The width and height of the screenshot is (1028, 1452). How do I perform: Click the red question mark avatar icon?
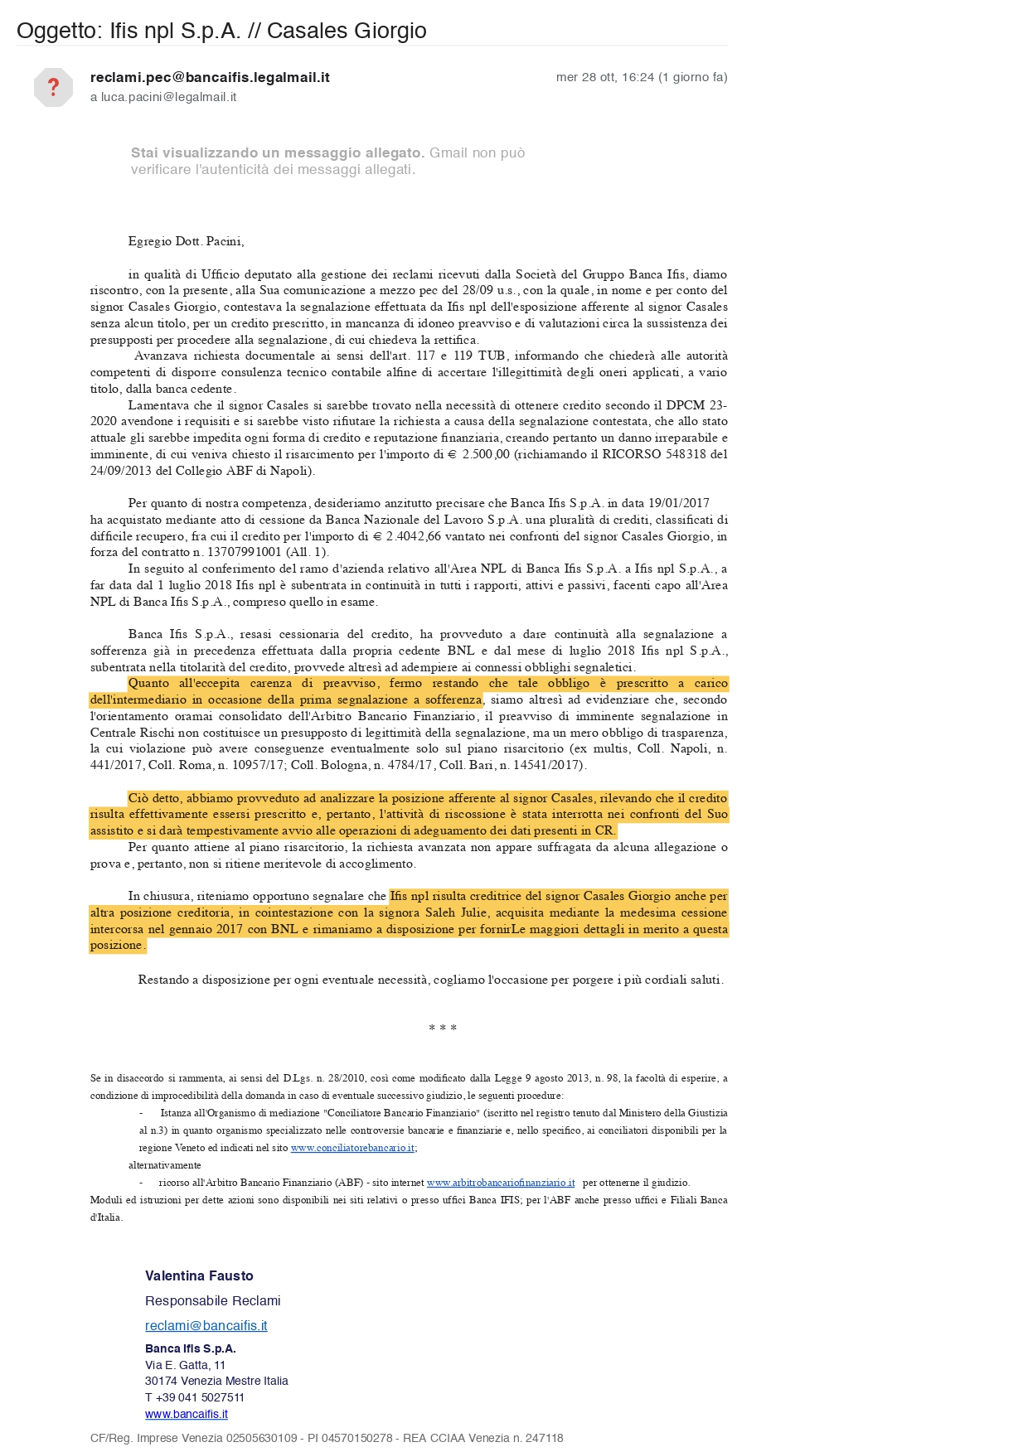coord(53,87)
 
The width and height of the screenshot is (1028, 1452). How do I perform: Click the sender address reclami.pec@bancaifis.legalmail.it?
coord(210,77)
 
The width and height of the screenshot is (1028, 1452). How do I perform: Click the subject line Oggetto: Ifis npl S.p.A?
coord(221,31)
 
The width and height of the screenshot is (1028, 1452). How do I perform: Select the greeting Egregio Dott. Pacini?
coord(186,241)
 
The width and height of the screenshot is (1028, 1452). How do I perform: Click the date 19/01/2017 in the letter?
coord(679,503)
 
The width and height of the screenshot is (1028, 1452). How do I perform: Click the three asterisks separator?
coord(443,1028)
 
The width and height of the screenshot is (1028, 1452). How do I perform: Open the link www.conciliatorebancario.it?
coord(352,1148)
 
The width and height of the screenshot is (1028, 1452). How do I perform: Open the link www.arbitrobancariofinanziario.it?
coord(501,1183)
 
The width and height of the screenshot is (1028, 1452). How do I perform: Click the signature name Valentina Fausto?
coord(199,1275)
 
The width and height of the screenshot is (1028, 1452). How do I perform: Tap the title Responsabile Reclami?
coord(212,1300)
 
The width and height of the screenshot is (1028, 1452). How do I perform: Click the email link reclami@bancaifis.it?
coord(206,1325)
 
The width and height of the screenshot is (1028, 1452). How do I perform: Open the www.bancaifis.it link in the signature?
coord(186,1414)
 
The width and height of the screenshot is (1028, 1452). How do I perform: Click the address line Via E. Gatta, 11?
coord(185,1365)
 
